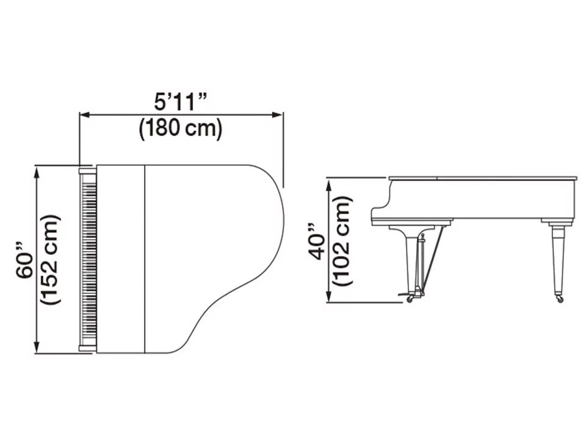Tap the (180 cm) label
pyautogui.click(x=181, y=129)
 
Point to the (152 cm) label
pyautogui.click(x=50, y=260)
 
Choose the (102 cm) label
pyautogui.click(x=342, y=241)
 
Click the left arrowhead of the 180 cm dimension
pyautogui.click(x=85, y=115)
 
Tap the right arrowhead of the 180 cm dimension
pyautogui.click(x=278, y=115)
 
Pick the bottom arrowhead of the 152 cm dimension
pyautogui.click(x=36, y=347)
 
